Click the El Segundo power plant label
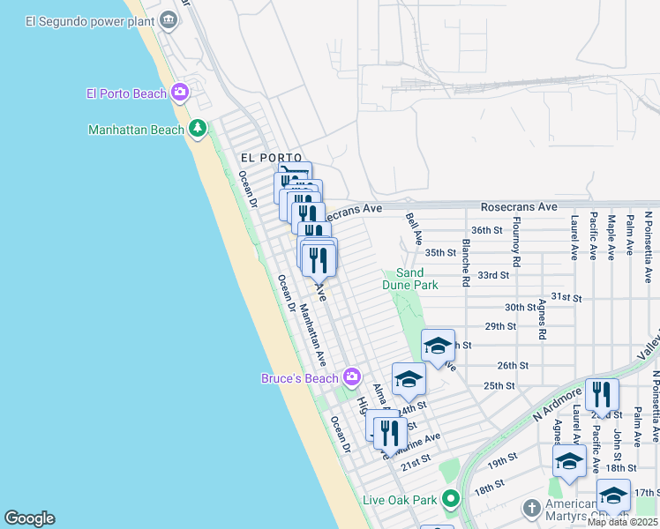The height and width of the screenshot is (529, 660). click(85, 20)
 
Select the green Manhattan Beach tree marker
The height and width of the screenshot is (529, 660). click(198, 129)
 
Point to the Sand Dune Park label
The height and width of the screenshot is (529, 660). click(410, 279)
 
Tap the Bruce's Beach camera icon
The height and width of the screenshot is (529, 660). click(352, 377)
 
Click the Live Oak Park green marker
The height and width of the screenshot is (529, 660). click(451, 500)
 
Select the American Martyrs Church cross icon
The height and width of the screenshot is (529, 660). click(530, 509)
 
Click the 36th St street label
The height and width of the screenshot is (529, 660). click(486, 230)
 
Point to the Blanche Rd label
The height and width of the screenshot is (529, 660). click(465, 263)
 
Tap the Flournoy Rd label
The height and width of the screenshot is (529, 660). click(517, 249)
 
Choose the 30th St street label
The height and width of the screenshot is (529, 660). click(520, 307)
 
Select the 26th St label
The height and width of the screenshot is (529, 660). click(512, 365)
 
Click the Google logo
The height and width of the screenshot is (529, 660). click(29, 518)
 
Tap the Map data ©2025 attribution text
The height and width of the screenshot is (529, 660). click(622, 522)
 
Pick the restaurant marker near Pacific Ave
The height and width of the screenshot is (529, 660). click(602, 395)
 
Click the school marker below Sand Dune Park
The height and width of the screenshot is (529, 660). click(438, 346)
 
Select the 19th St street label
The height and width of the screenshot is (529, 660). click(502, 460)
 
